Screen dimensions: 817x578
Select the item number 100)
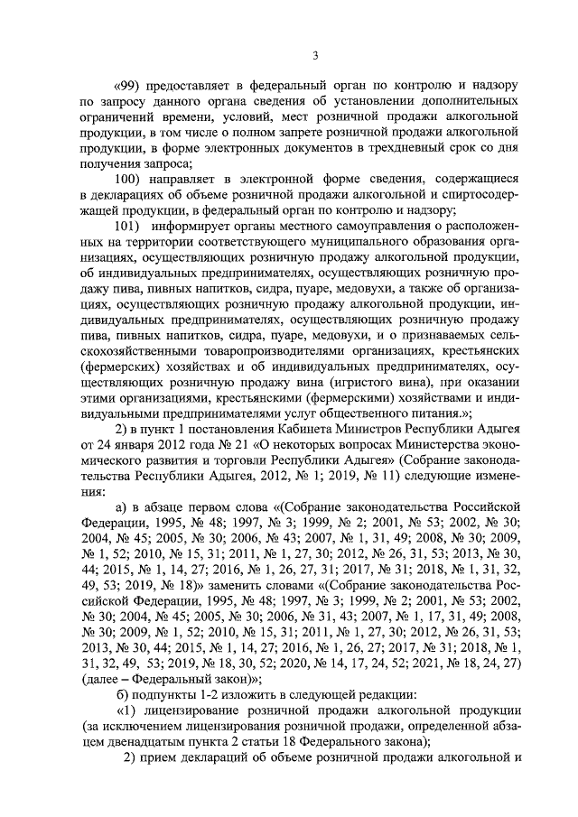tap(135, 178)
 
